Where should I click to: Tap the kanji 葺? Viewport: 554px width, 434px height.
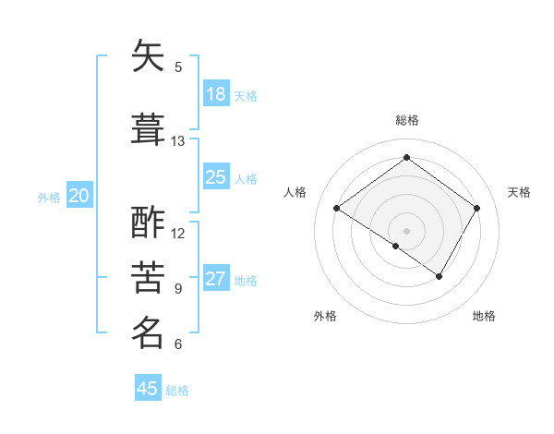[148, 128]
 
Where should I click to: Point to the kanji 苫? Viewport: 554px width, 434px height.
[148, 277]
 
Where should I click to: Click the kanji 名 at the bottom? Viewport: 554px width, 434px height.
[148, 332]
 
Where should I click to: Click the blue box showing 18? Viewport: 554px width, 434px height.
[216, 94]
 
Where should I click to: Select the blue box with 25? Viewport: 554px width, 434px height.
[216, 177]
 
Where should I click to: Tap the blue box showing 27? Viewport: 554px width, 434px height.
[216, 279]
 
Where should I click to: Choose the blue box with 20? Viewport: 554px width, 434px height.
[79, 195]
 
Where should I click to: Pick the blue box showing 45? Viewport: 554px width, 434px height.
[148, 389]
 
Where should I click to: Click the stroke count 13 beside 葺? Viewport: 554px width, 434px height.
[178, 141]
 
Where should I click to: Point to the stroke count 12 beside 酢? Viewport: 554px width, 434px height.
[178, 233]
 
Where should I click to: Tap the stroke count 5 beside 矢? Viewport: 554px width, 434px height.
[178, 66]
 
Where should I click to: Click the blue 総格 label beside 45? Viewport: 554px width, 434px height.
[177, 391]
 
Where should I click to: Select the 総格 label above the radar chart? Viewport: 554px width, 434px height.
[406, 120]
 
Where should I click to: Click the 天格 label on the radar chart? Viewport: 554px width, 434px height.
[519, 192]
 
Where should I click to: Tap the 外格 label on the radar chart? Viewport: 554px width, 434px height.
[325, 316]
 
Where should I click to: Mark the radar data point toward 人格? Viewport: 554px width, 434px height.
[337, 209]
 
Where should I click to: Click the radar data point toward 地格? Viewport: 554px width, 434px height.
[440, 276]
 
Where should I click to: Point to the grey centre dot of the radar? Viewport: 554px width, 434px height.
[406, 230]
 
